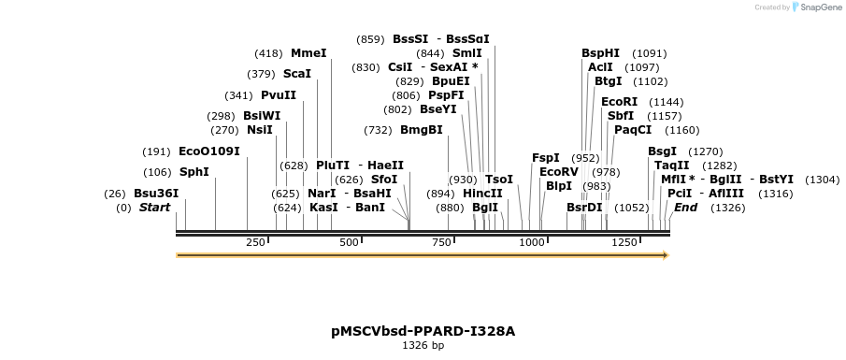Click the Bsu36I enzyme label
coord(155,194)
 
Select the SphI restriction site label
coord(194,172)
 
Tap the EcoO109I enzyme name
coord(209,151)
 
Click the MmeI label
coord(308,53)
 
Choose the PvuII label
coord(279,95)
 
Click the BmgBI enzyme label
coord(422,130)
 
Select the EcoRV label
coord(559,172)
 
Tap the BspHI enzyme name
coord(600,53)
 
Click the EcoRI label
coord(619,102)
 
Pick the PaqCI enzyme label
coord(633,130)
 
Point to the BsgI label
coord(662,151)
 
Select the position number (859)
coord(370,39)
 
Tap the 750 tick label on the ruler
coord(441,242)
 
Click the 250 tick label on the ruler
coord(255,242)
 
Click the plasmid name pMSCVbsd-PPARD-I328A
coord(423,331)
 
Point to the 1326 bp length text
coord(423,346)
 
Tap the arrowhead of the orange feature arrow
coord(665,254)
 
